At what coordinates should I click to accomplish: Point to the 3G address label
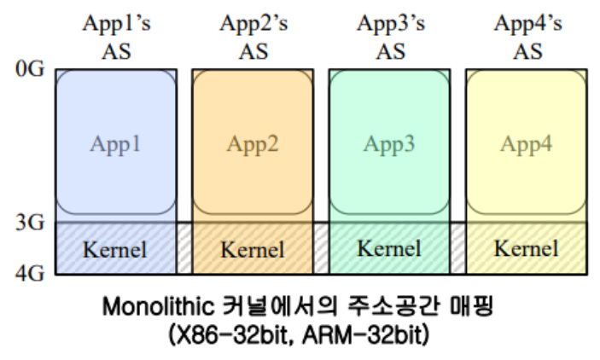pyautogui.click(x=29, y=224)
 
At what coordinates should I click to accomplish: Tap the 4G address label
pyautogui.click(x=29, y=273)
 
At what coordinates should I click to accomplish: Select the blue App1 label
pyautogui.click(x=116, y=143)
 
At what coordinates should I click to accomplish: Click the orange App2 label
pyautogui.click(x=253, y=143)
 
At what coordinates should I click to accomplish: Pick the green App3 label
pyautogui.click(x=389, y=143)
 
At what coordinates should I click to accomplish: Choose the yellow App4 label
pyautogui.click(x=527, y=143)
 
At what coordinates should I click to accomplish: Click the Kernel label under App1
pyautogui.click(x=115, y=250)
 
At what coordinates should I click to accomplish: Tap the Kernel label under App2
pyautogui.click(x=253, y=250)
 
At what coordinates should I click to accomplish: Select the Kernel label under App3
pyautogui.click(x=389, y=250)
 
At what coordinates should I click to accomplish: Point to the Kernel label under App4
pyautogui.click(x=527, y=250)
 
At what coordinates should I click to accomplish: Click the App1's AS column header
pyautogui.click(x=116, y=37)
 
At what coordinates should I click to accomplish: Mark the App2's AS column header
pyautogui.click(x=253, y=37)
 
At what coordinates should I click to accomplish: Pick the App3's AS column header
pyautogui.click(x=390, y=37)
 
